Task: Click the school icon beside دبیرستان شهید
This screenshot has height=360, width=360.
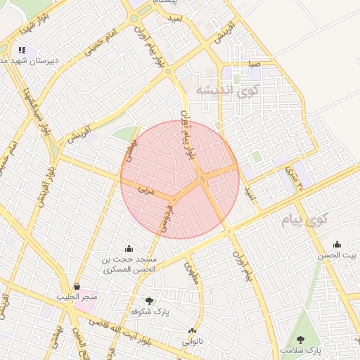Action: coord(22,51)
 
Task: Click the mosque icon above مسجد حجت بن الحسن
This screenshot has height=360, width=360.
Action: coord(129,248)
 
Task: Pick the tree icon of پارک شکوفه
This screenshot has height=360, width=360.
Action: coord(148,300)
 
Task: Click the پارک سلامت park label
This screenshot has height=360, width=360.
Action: coord(299,349)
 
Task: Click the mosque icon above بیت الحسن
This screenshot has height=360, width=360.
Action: coord(337,245)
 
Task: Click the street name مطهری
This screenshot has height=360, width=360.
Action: coord(191,272)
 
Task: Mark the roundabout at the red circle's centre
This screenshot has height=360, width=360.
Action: coord(203,179)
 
